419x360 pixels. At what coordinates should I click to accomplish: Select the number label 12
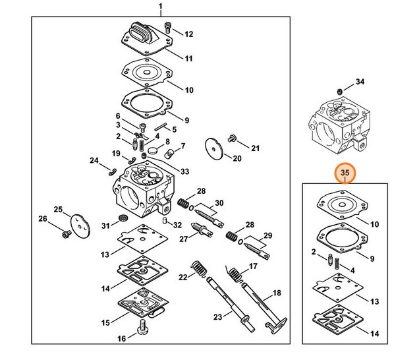tap(188, 34)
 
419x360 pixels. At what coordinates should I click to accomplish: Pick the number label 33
tap(184, 171)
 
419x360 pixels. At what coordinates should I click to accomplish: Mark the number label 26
tap(43, 219)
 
